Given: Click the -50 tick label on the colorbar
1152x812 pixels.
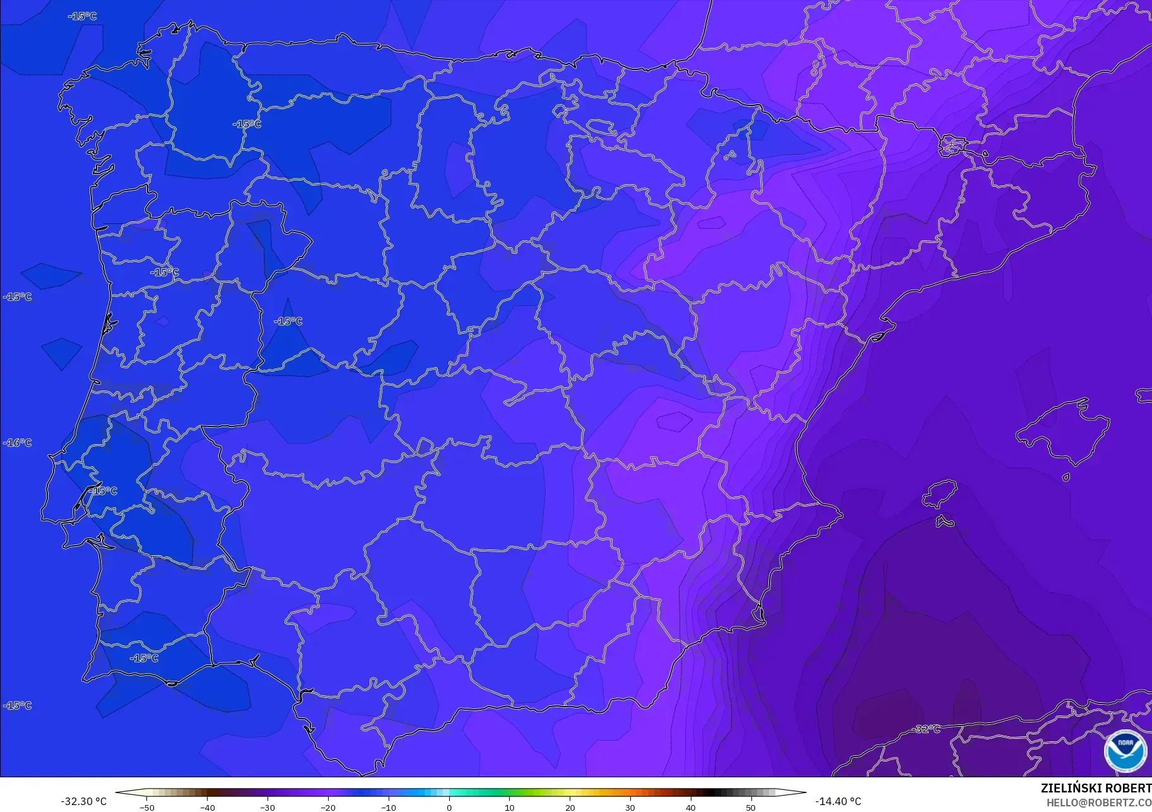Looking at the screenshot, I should tap(147, 807).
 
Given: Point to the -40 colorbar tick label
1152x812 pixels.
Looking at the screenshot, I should tap(208, 807).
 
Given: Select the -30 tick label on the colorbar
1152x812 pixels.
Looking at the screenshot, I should tap(267, 807).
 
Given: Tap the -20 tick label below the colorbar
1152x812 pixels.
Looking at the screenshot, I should tap(328, 807).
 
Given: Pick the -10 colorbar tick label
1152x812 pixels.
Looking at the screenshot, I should tap(389, 807).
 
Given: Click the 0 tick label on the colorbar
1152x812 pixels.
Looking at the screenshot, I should tap(449, 807).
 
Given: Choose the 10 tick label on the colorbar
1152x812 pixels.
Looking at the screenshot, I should tap(509, 807).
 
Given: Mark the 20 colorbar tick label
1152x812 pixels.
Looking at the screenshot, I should tap(570, 807).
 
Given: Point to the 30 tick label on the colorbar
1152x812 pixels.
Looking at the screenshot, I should tap(630, 807).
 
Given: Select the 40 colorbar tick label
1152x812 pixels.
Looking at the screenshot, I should tap(690, 807).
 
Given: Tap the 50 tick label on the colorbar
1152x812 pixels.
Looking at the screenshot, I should tap(751, 807).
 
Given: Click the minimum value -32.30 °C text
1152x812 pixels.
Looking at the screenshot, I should tap(84, 801).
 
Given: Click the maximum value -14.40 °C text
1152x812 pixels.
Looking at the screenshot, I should tap(838, 801).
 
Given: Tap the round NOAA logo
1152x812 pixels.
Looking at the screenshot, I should tap(1126, 751).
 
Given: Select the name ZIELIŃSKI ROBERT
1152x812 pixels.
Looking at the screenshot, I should tap(1096, 788).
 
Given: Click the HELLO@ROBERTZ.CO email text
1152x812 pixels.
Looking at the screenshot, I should tap(1099, 803).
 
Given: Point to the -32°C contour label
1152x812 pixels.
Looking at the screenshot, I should tap(926, 729).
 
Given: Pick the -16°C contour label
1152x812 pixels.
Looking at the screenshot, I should tap(17, 443).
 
